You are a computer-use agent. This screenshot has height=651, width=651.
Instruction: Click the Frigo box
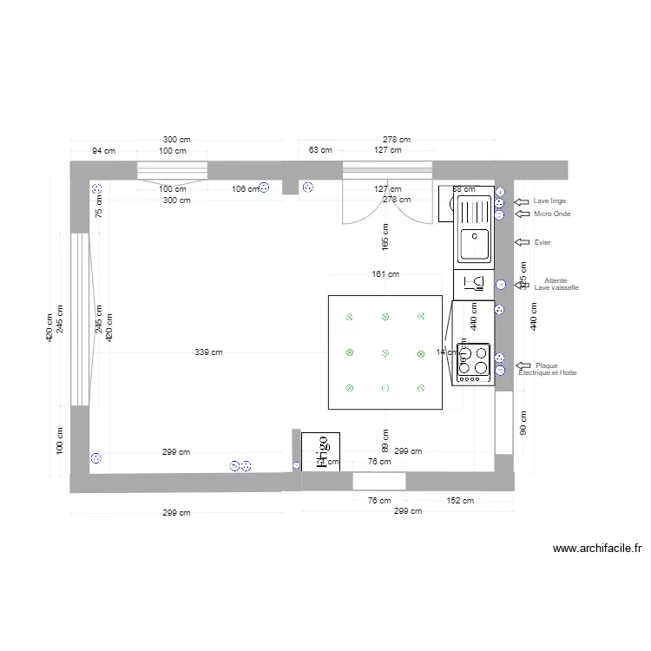pyautogui.click(x=320, y=451)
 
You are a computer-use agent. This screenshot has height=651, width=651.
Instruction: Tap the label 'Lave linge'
pyautogui.click(x=549, y=201)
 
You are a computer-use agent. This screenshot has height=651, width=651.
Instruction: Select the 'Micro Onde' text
pyautogui.click(x=552, y=214)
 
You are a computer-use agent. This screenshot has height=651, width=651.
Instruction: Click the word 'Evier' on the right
pyautogui.click(x=543, y=243)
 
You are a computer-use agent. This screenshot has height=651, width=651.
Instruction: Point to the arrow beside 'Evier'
pyautogui.click(x=522, y=242)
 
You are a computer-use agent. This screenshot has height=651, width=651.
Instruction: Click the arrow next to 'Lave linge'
pyautogui.click(x=522, y=201)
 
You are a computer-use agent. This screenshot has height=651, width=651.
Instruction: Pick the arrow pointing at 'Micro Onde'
pyautogui.click(x=522, y=214)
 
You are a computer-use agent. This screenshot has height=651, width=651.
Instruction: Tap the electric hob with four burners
pyautogui.click(x=474, y=363)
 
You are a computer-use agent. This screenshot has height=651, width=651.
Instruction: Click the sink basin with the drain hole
pyautogui.click(x=475, y=243)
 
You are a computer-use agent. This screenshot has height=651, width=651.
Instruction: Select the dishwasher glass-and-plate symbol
pyautogui.click(x=475, y=283)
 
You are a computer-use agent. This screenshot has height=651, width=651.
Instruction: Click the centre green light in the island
pyautogui.click(x=385, y=352)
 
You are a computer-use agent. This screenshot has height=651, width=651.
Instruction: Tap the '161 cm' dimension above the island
pyautogui.click(x=385, y=274)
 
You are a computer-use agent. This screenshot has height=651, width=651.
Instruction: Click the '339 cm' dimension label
pyautogui.click(x=208, y=352)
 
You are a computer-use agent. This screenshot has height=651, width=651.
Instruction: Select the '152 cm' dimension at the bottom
pyautogui.click(x=460, y=500)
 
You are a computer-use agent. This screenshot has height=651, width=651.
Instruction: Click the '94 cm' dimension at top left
pyautogui.click(x=104, y=150)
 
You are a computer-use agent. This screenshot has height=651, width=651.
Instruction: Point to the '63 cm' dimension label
pyautogui.click(x=320, y=150)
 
